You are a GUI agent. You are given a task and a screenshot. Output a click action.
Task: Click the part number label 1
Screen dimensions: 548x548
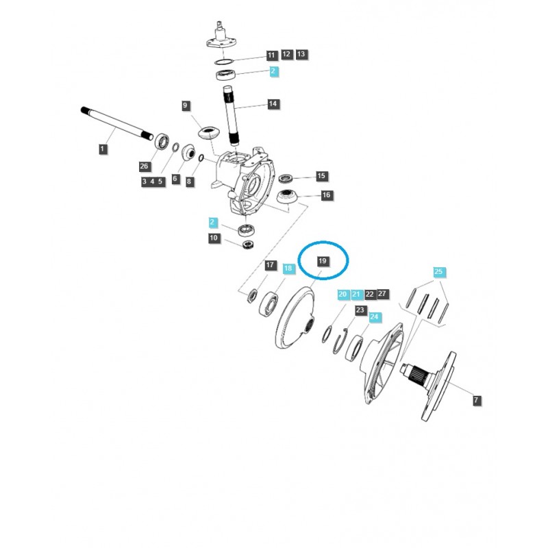102,149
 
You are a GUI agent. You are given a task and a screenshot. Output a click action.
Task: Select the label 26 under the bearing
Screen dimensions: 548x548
144,166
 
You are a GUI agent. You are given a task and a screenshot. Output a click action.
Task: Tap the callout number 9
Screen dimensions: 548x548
186,105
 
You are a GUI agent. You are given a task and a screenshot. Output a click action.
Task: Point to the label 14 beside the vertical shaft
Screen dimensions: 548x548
273,104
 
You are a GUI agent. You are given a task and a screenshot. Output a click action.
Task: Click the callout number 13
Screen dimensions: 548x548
301,54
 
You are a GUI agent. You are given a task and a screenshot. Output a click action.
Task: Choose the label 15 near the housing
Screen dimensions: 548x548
321,176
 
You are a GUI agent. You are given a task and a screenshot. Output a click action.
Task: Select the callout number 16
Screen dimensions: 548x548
326,195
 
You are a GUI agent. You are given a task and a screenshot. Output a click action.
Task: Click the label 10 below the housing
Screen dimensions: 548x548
214,238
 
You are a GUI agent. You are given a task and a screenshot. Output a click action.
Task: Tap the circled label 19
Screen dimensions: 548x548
323,261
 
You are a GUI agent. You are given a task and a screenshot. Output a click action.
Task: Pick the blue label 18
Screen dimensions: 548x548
288,269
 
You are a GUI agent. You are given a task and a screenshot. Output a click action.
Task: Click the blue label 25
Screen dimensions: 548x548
439,272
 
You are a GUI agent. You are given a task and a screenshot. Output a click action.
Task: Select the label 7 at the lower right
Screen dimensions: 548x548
477,401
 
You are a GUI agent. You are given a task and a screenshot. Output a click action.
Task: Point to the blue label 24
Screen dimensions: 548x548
374,317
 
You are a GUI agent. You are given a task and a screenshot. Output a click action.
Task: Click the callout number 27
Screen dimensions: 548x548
383,294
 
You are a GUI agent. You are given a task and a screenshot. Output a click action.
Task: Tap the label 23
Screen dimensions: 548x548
360,310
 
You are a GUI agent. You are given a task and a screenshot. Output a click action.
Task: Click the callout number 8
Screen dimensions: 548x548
190,182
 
